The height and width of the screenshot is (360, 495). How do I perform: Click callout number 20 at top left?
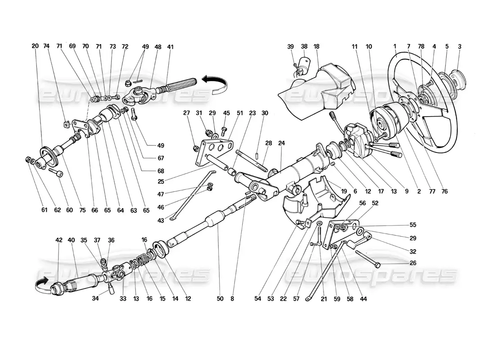coord(36,46)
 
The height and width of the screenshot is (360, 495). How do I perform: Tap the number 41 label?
coord(170,46)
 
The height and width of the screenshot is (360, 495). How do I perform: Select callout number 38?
coord(304,46)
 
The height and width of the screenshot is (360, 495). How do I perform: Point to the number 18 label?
coord(316,46)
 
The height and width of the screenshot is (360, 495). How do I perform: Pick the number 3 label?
coord(459,46)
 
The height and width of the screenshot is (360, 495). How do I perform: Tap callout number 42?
coord(59,240)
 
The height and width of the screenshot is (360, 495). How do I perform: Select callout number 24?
coord(282,143)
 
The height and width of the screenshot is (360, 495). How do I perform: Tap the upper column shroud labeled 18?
coord(319,83)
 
